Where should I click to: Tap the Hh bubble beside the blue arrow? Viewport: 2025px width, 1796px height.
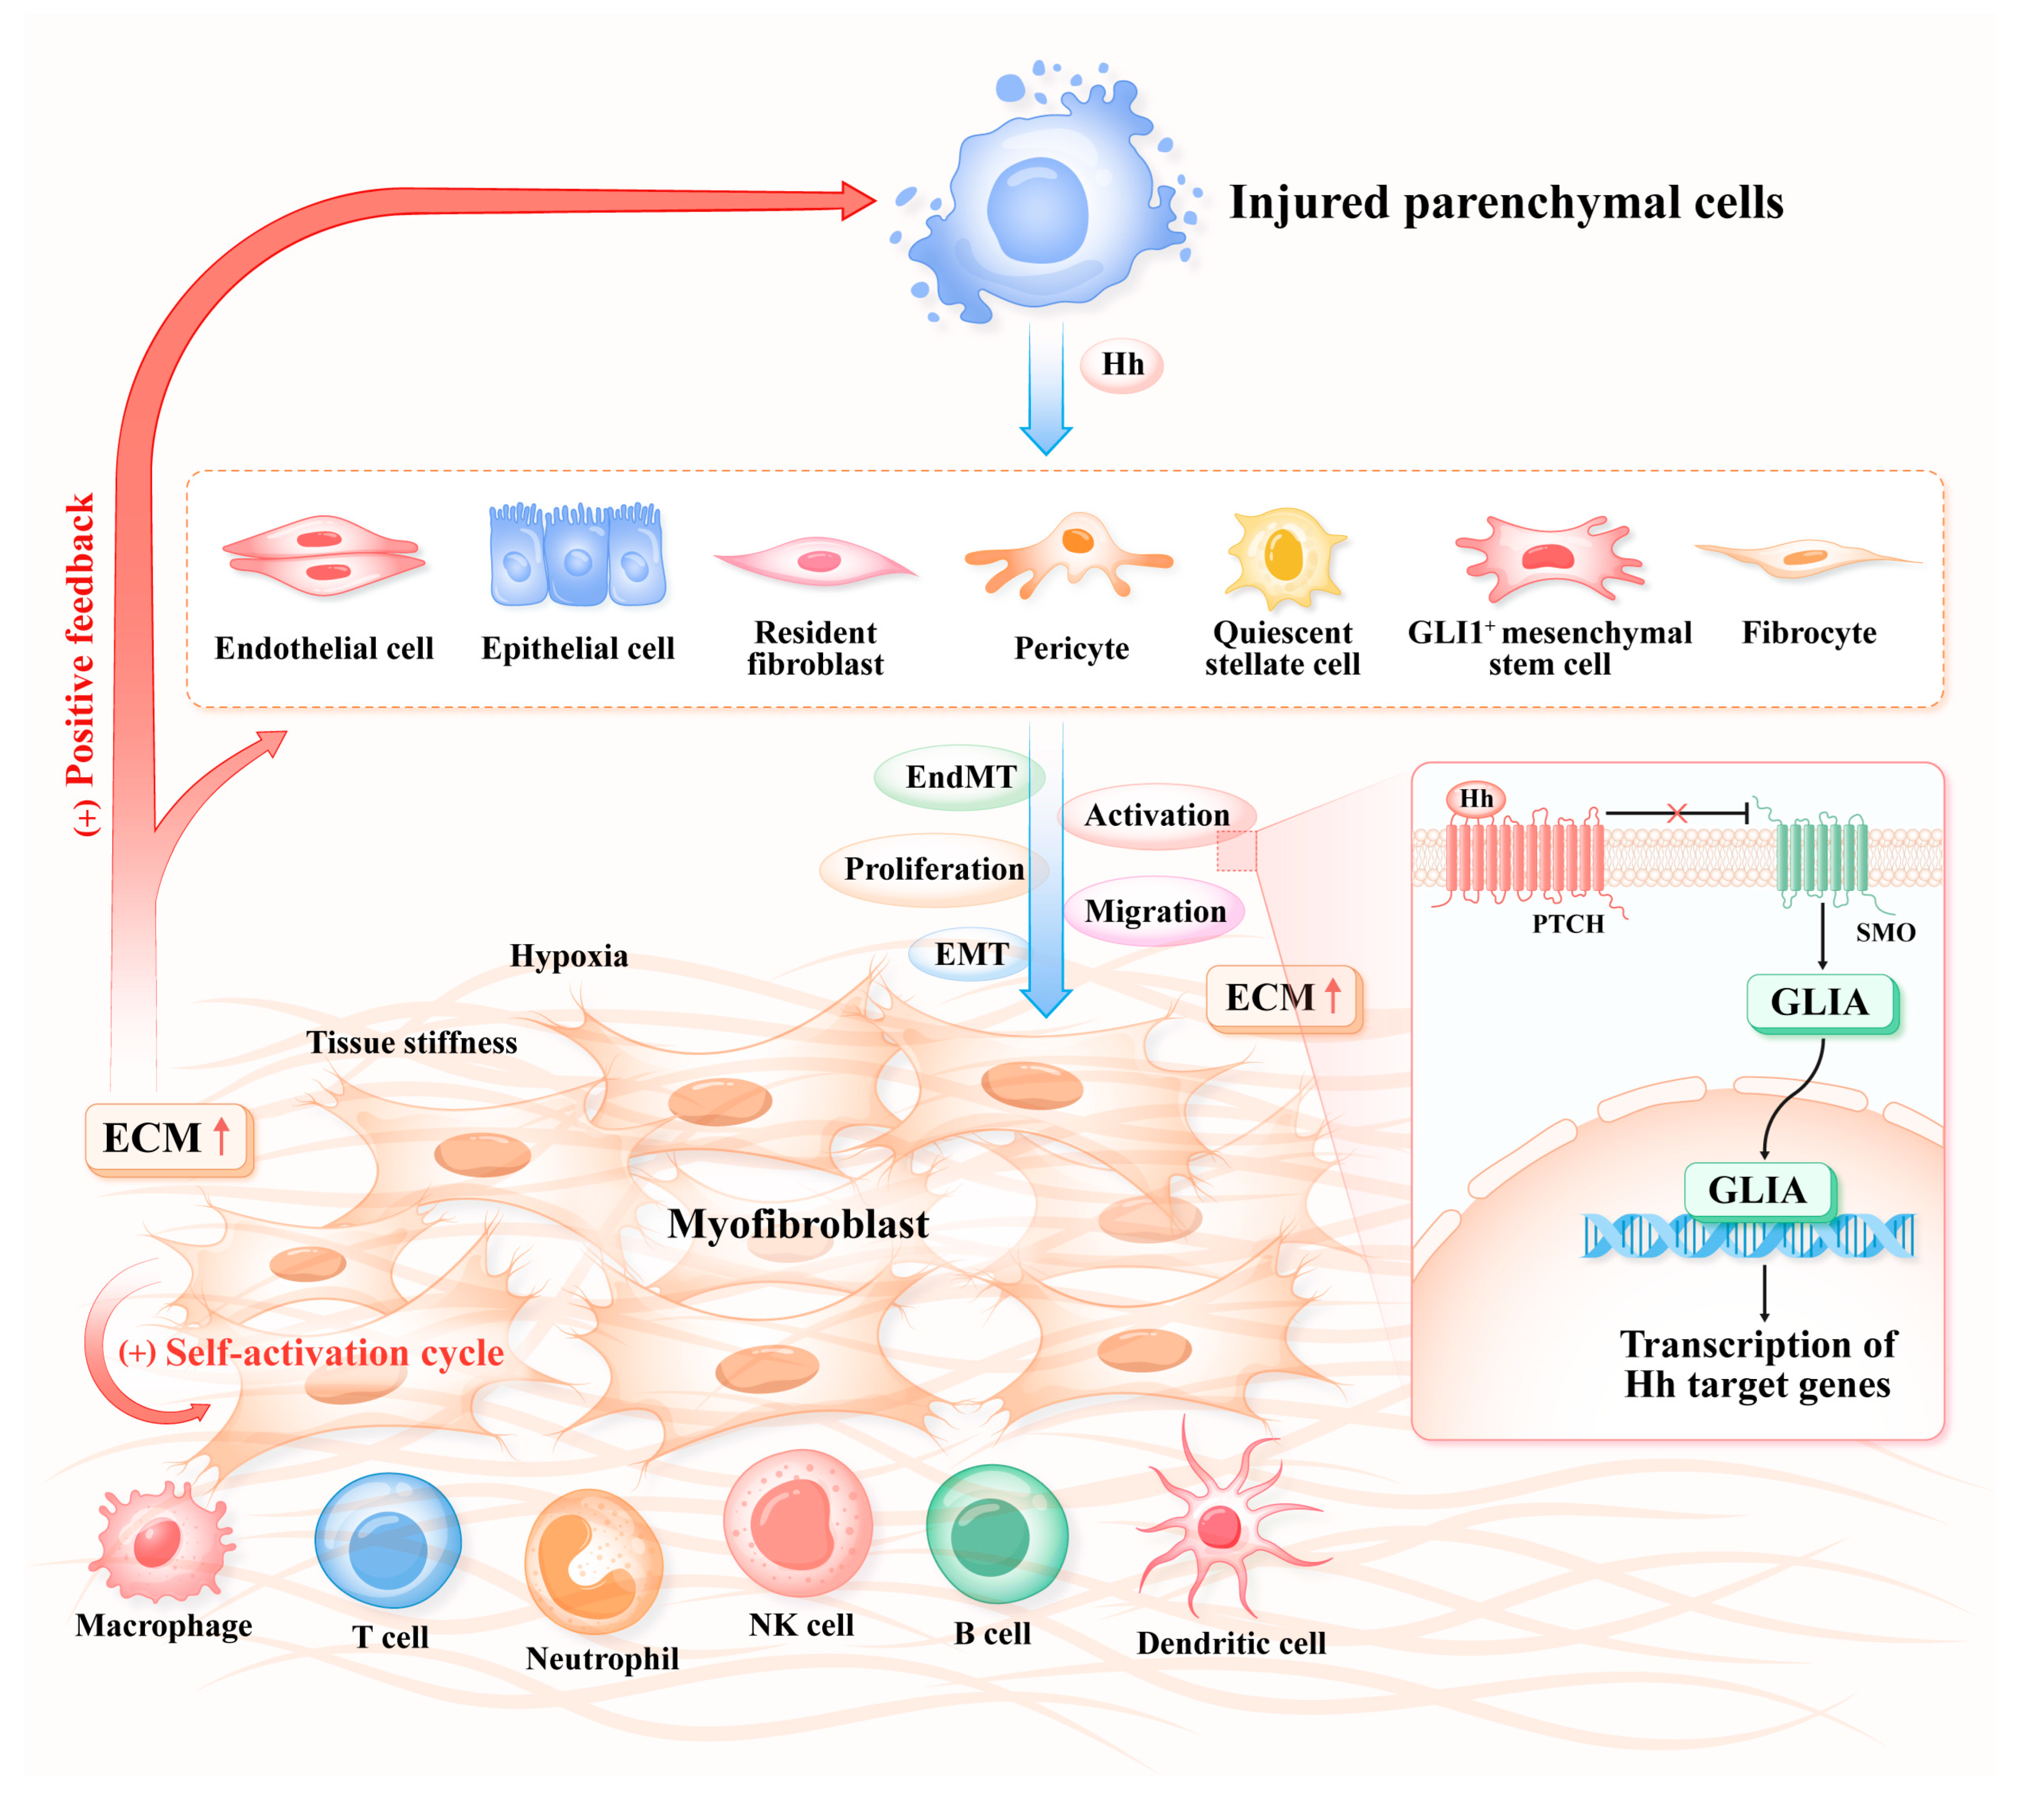[1121, 365]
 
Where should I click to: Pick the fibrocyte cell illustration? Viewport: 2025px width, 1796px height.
[1807, 557]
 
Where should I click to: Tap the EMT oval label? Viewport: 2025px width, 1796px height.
[971, 954]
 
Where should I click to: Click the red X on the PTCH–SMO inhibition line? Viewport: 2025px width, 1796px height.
[1676, 813]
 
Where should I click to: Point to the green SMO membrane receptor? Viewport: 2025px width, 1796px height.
[1821, 858]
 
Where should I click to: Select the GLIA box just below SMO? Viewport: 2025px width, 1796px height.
[1820, 1003]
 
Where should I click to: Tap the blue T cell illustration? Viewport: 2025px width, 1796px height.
[388, 1541]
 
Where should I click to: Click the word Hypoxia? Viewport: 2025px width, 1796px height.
[569, 956]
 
